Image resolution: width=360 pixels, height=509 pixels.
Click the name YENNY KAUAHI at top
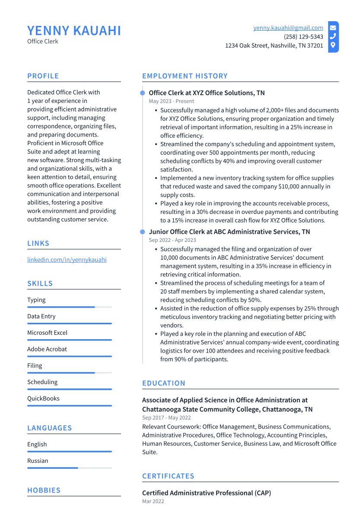[74, 31]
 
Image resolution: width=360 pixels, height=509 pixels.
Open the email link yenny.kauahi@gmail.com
[288, 28]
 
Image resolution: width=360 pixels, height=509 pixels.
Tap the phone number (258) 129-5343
[303, 37]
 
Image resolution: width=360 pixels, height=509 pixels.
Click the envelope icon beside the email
[333, 28]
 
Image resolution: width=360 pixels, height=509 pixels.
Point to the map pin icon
[333, 45]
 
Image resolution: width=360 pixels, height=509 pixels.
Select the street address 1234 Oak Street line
[274, 45]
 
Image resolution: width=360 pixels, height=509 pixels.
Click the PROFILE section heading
[43, 76]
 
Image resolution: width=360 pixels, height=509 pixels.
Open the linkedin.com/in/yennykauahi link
[67, 260]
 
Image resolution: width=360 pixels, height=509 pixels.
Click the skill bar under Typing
[69, 307]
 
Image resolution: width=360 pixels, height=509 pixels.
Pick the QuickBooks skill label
[43, 398]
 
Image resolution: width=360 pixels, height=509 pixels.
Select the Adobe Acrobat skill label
[47, 349]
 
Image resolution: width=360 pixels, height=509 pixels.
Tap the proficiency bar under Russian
[69, 468]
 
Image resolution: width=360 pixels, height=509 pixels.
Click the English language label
[37, 444]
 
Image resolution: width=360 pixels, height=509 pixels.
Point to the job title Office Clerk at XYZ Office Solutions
[207, 93]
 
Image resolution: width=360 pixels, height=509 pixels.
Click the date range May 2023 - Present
[171, 101]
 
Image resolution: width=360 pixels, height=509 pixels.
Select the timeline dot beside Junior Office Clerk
[143, 232]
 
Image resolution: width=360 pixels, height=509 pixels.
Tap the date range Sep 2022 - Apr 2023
[172, 240]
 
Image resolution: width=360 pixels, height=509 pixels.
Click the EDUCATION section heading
[163, 383]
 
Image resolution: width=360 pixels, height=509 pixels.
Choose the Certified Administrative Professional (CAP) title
[206, 493]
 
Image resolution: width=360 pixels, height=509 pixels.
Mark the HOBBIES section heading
[44, 490]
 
